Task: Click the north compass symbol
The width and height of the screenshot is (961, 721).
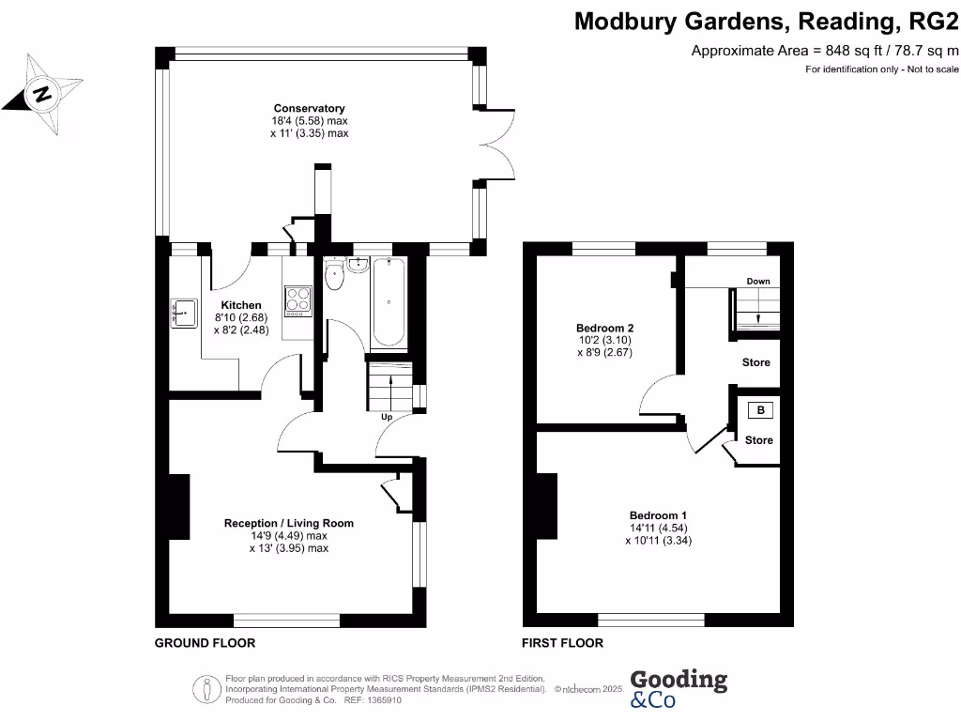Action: (39, 94)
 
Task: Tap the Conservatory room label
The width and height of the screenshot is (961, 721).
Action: (309, 108)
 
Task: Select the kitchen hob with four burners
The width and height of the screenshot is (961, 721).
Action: (298, 299)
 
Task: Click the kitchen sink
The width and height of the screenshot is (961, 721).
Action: (184, 311)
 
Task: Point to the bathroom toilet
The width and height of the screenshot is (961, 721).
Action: (334, 278)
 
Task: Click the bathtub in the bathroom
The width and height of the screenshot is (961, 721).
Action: (389, 302)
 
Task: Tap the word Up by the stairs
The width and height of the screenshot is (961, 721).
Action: (386, 417)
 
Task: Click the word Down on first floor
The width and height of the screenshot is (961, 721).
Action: (758, 282)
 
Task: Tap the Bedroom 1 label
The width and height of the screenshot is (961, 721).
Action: (658, 515)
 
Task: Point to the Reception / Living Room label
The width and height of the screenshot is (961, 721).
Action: (288, 523)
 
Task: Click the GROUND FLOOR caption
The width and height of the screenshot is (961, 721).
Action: (205, 643)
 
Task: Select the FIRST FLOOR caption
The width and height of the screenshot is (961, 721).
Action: (562, 643)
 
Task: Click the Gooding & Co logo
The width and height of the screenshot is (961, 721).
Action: (678, 688)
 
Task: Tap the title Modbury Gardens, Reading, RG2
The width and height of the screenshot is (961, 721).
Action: (766, 21)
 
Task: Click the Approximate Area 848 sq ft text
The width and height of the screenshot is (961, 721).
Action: (824, 51)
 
